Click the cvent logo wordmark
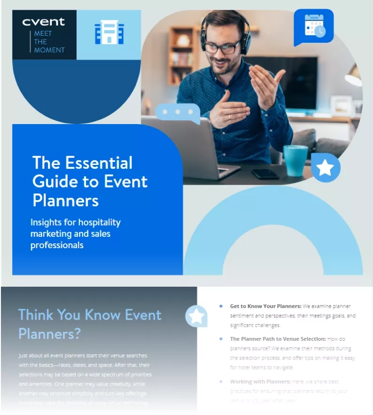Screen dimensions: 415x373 [43, 21]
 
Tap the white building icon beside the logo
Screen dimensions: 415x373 [109, 32]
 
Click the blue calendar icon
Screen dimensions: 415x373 [314, 26]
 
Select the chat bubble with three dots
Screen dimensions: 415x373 [178, 112]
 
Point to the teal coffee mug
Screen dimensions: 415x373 [295, 160]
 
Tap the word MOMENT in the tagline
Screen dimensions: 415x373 [49, 50]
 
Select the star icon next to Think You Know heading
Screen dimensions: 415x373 [196, 316]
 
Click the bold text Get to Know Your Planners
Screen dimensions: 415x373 [265, 306]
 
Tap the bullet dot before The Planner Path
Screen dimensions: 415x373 [221, 339]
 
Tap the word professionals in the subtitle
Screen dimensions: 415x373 [57, 245]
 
